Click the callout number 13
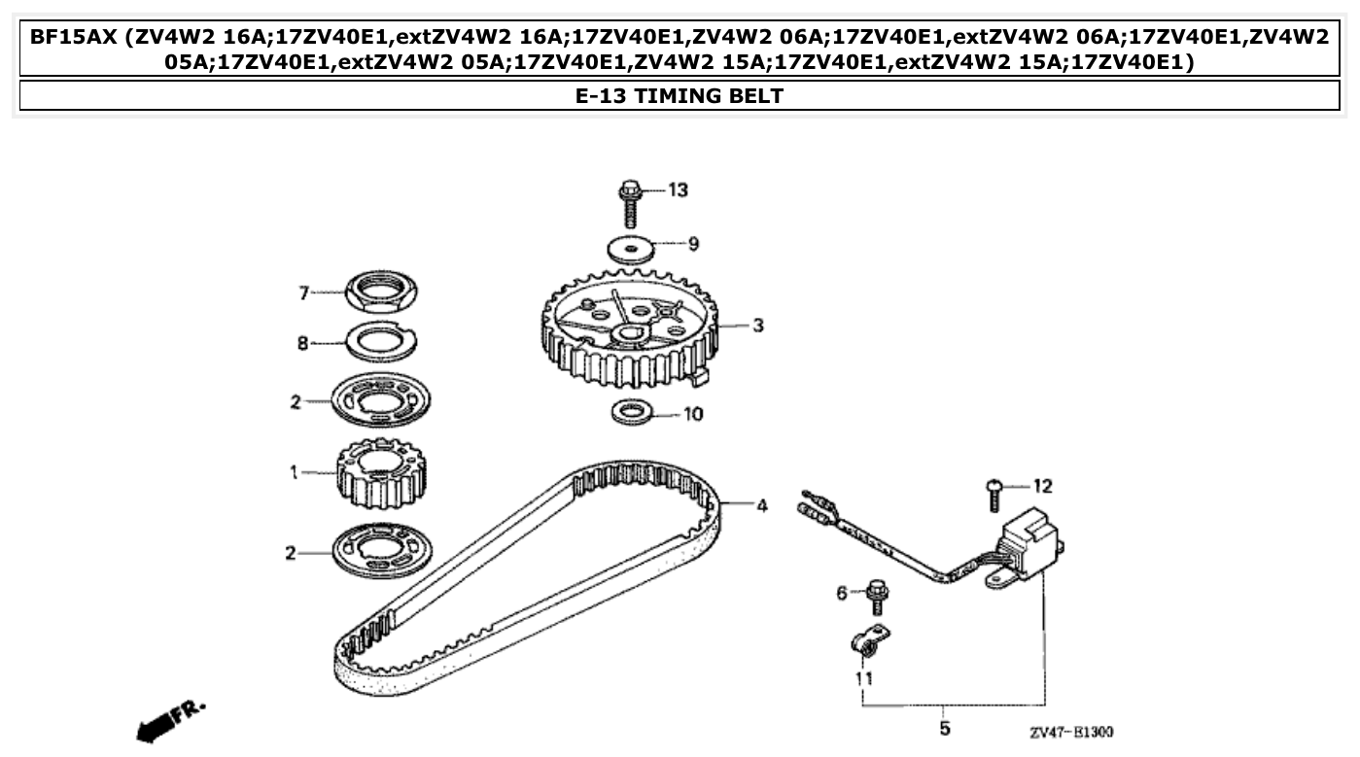click(677, 189)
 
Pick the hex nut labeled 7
click(382, 290)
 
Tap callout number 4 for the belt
click(762, 506)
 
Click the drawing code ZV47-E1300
click(1071, 732)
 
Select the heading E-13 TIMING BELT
click(680, 95)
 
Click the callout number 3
click(758, 326)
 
